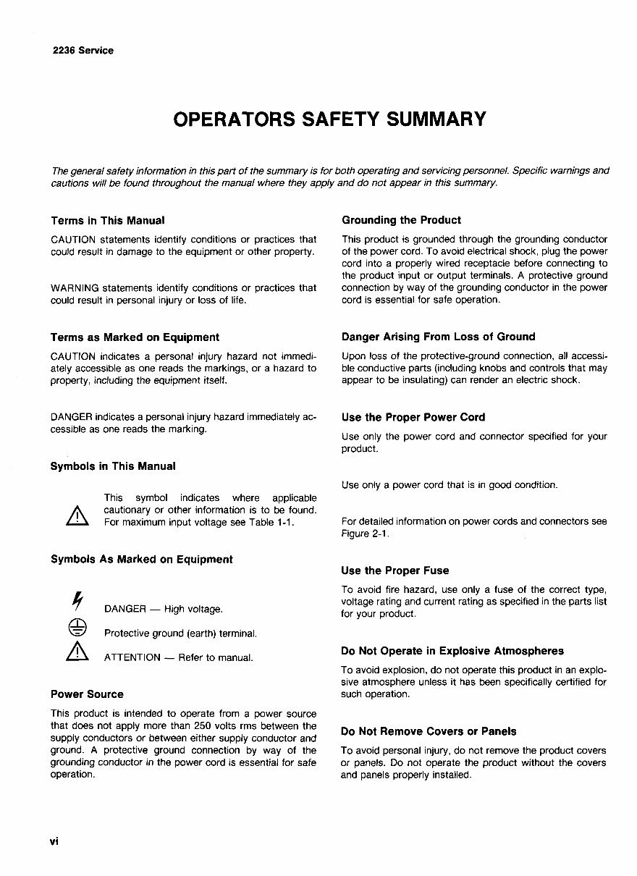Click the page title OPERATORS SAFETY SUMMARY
pyautogui.click(x=329, y=118)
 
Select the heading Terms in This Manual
pyautogui.click(x=108, y=220)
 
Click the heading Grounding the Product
pyautogui.click(x=401, y=220)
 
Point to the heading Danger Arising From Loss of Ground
pyautogui.click(x=438, y=337)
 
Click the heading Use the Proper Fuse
pyautogui.click(x=395, y=570)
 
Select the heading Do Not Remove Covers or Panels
pyautogui.click(x=429, y=731)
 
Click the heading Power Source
pyautogui.click(x=87, y=694)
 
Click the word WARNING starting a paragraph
pyautogui.click(x=75, y=288)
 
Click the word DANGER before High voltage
pyautogui.click(x=125, y=609)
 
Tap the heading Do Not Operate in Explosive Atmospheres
pyautogui.click(x=452, y=651)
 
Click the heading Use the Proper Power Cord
pyautogui.click(x=413, y=417)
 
